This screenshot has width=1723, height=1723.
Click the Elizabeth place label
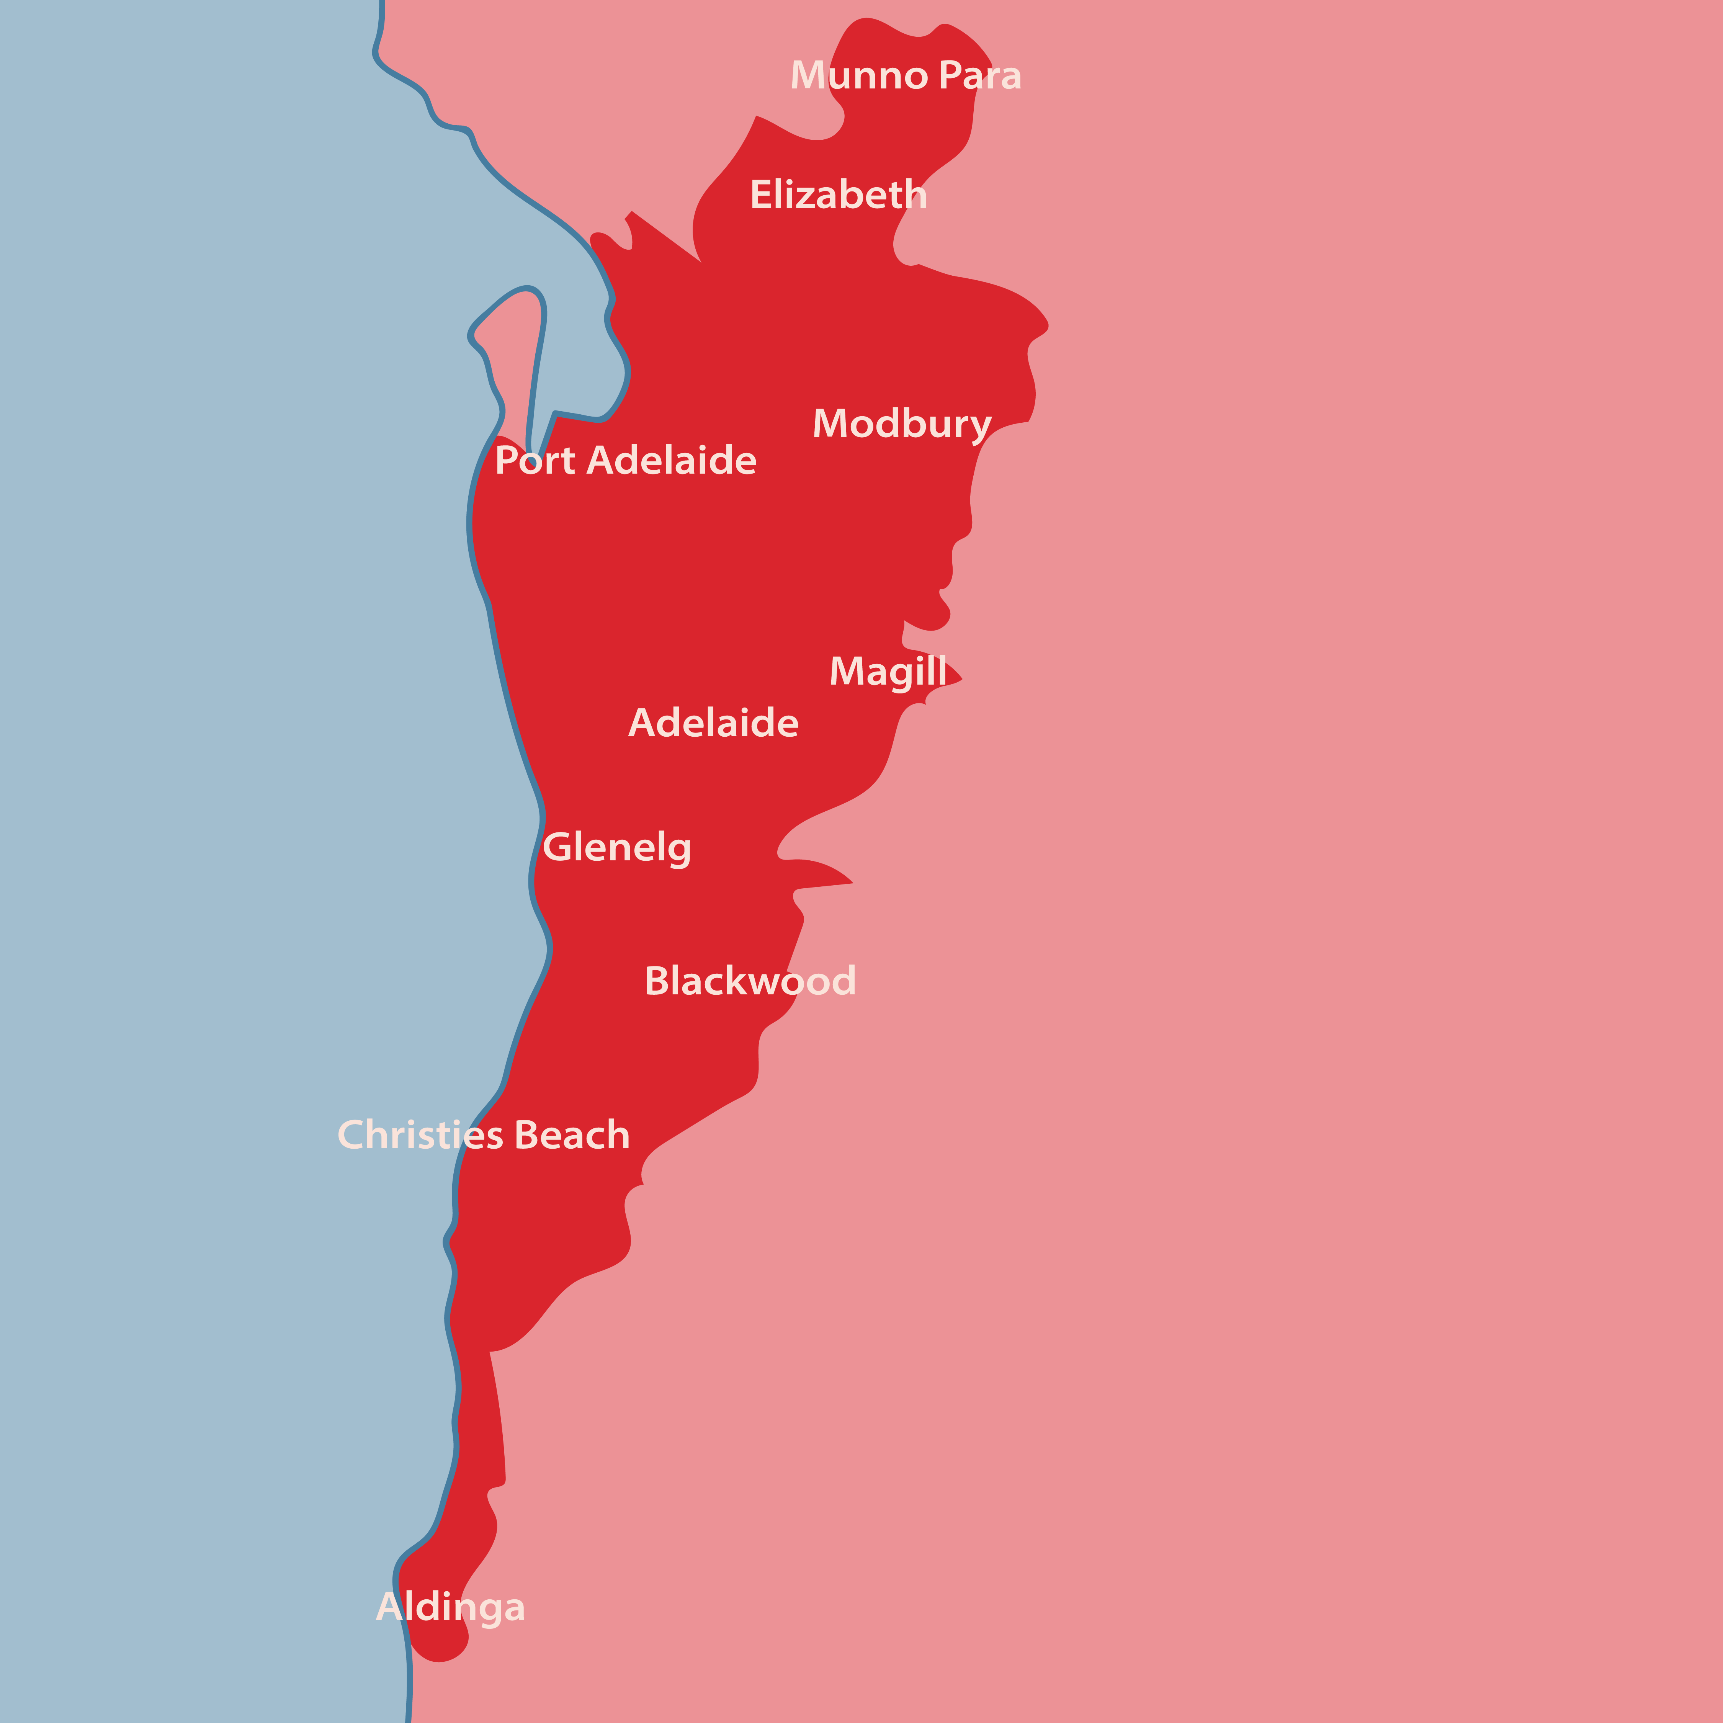point(838,195)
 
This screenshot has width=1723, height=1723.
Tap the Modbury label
point(902,423)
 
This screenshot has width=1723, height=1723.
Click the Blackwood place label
point(750,981)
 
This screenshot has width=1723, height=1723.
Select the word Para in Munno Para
point(980,76)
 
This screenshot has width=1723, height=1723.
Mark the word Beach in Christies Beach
point(572,1135)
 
